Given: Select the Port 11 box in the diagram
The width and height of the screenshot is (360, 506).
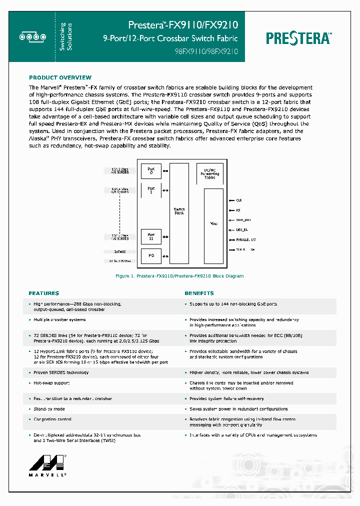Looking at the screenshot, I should click(x=151, y=236).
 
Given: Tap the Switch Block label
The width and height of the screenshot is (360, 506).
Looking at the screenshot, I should click(x=179, y=211).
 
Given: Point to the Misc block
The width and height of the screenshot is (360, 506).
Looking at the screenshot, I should click(x=213, y=223).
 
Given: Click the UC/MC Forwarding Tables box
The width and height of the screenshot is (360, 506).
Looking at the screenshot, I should click(x=209, y=174).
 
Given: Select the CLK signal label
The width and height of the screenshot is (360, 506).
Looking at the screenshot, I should click(x=239, y=199).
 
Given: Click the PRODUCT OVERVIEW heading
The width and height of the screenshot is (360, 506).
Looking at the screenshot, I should click(x=60, y=77).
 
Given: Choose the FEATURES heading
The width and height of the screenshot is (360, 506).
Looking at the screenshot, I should click(x=44, y=293).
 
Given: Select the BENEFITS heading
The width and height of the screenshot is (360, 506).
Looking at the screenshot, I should click(x=199, y=293).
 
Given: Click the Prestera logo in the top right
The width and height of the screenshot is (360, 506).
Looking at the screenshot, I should click(x=298, y=38).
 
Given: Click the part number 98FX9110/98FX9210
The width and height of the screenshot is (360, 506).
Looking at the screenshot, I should click(x=206, y=51).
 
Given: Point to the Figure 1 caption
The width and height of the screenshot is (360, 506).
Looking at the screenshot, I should click(x=179, y=276).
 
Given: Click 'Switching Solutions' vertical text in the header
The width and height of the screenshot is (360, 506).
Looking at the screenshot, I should click(x=66, y=36).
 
